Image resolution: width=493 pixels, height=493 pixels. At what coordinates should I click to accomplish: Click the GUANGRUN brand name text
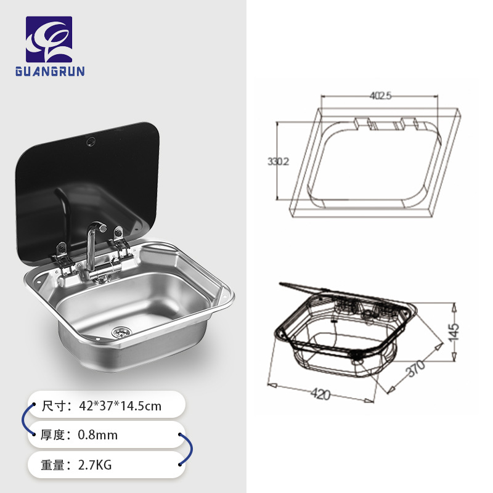coord(49,71)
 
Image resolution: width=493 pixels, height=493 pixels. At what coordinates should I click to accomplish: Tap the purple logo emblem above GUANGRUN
coord(49,39)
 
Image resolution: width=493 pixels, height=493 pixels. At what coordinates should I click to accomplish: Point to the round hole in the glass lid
coord(91,141)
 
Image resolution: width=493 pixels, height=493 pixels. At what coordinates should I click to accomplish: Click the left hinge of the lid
coord(62,255)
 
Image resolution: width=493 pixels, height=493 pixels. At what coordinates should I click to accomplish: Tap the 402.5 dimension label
coord(380,96)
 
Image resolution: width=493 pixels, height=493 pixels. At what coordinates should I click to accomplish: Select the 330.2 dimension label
coord(278,161)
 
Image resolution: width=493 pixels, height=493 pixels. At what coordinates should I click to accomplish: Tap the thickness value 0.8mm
coord(97,435)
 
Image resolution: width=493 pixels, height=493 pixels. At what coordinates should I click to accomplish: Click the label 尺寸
coord(54,406)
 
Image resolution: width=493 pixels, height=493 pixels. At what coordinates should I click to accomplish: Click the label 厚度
coord(54,435)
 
